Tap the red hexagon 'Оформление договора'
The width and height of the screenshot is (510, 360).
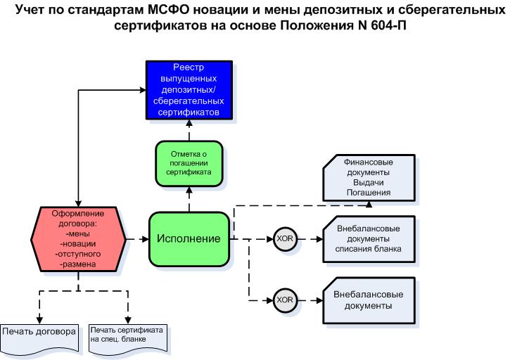[x=78, y=238]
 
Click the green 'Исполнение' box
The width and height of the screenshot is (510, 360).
[x=188, y=239]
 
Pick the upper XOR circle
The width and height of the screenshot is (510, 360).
[x=285, y=239]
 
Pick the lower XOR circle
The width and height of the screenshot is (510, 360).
[x=285, y=300]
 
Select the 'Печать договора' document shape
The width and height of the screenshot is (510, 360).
[x=39, y=332]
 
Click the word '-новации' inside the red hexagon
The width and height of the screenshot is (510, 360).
[x=78, y=243]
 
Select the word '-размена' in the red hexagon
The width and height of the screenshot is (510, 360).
[x=78, y=263]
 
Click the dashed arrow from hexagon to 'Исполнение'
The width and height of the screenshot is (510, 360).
[x=137, y=239]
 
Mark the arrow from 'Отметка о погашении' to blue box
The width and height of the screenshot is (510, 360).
[x=188, y=131]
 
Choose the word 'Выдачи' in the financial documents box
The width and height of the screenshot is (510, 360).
[x=368, y=181]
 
